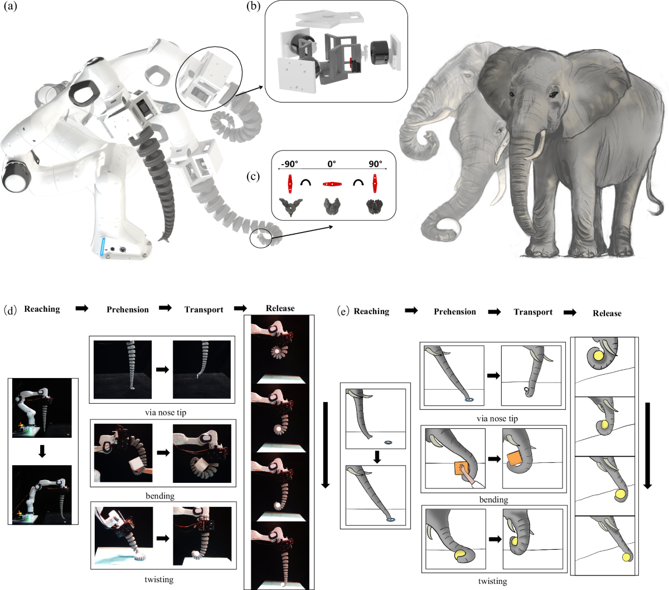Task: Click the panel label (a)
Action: click(x=10, y=9)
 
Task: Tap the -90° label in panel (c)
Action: click(x=289, y=164)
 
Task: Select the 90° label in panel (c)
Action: click(x=375, y=164)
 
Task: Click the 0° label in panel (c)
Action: click(x=332, y=164)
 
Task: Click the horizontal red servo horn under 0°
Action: click(x=332, y=183)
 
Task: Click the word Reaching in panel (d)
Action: click(x=42, y=309)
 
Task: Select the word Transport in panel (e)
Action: click(x=533, y=312)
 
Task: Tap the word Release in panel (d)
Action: click(x=280, y=308)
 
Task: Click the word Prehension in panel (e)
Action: click(x=455, y=312)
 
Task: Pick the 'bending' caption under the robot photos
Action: click(x=160, y=496)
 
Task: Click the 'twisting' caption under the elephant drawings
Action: click(x=492, y=581)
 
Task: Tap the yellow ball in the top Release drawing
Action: click(x=598, y=356)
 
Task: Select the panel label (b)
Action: click(x=251, y=9)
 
